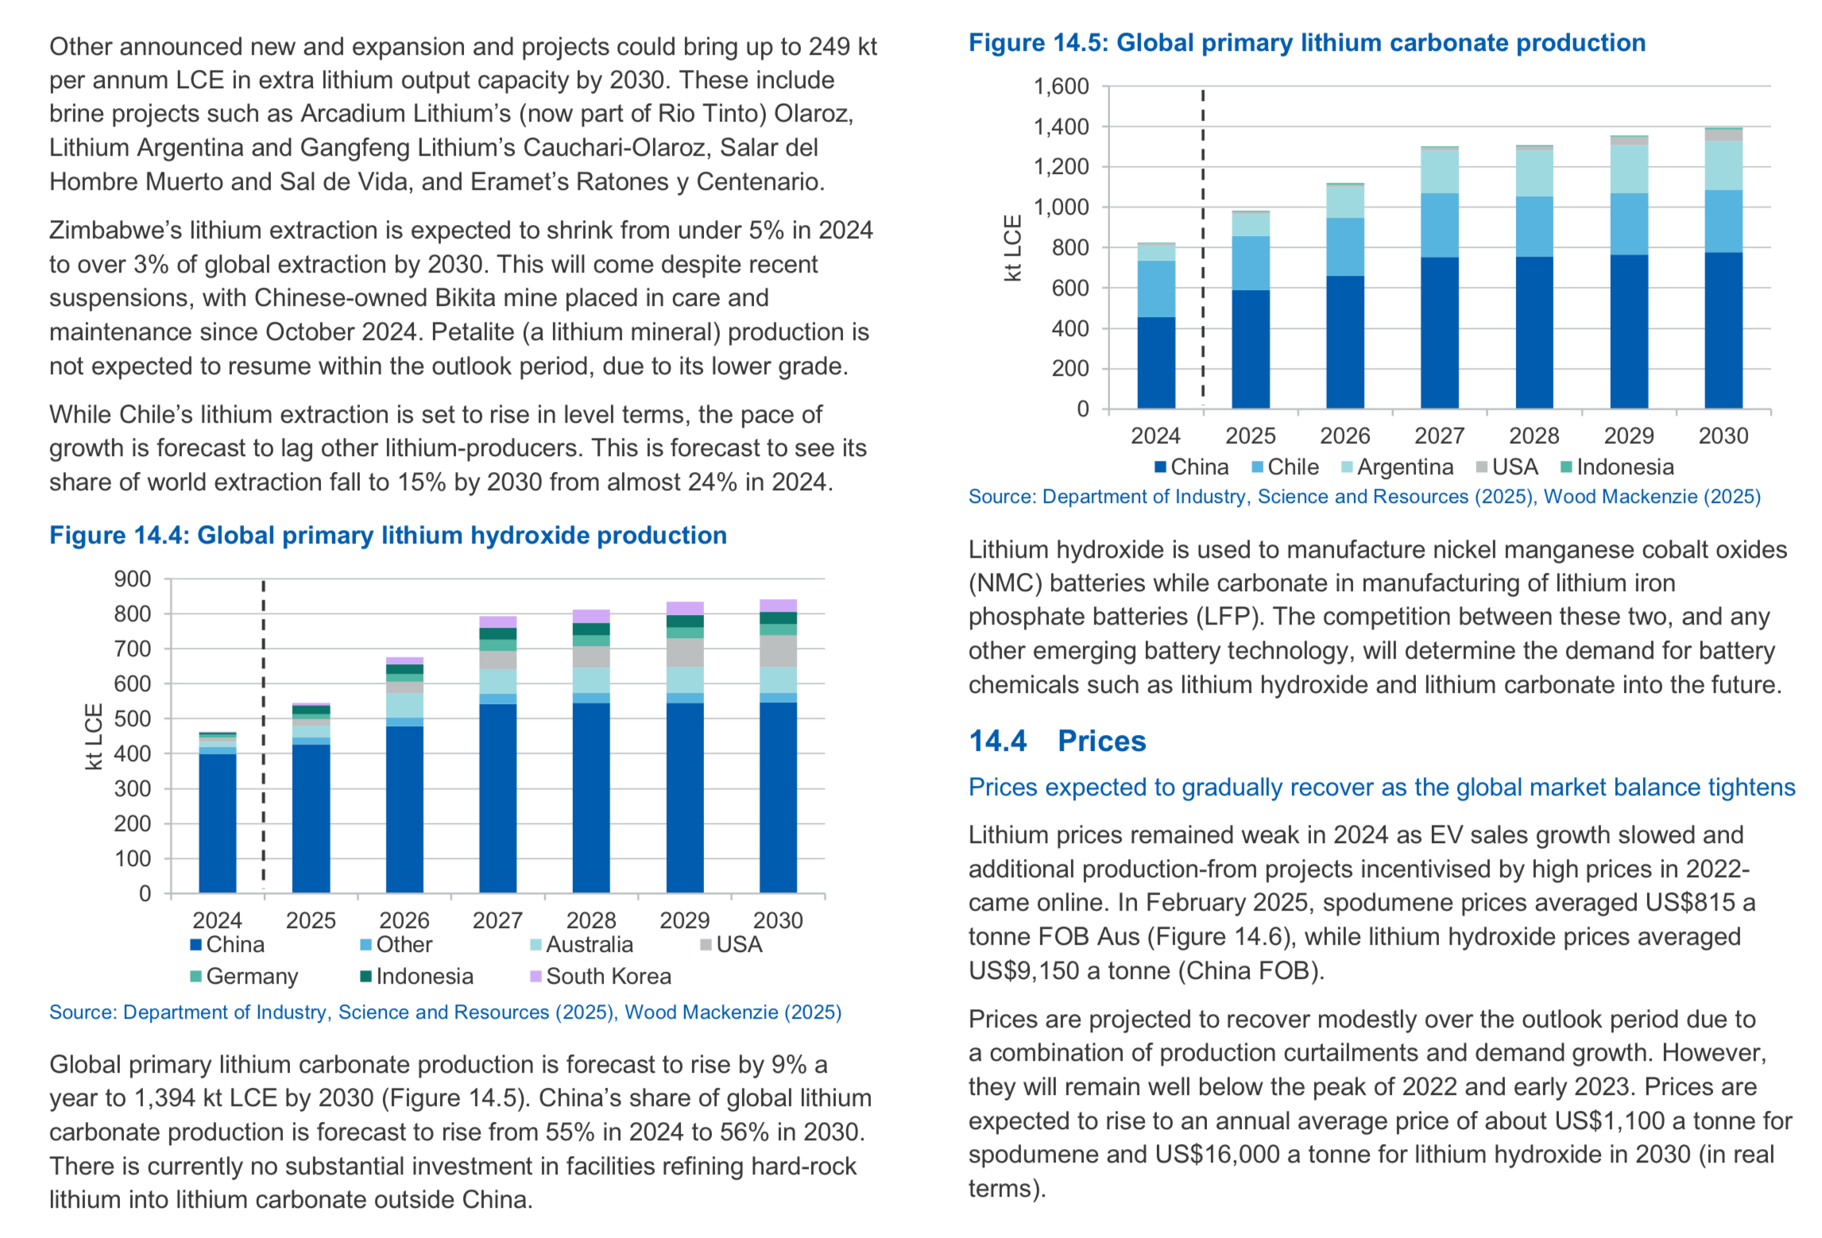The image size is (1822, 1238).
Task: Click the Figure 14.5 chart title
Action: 1307,43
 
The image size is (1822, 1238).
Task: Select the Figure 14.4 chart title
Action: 388,536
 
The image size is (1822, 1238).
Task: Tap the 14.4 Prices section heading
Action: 1057,741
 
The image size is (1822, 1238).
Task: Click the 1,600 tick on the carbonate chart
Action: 1061,87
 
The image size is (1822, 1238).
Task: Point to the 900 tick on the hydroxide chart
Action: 133,579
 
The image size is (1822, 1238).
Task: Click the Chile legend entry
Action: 1285,467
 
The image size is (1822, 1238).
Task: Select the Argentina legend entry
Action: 1397,467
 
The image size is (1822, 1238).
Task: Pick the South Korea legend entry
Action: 601,976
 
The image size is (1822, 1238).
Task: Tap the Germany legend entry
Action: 244,976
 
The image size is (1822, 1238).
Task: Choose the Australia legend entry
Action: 582,944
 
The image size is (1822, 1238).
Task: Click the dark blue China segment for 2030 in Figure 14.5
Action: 1723,331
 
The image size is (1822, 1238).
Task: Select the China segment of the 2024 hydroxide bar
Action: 218,823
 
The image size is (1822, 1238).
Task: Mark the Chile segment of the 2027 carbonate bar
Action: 1440,225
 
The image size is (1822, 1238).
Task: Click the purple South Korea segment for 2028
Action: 591,617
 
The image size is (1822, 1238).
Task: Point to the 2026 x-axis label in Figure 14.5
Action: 1345,435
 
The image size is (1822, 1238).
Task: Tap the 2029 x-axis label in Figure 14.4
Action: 685,920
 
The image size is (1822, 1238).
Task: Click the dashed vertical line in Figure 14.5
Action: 1203,248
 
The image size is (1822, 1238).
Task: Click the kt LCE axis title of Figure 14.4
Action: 94,737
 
